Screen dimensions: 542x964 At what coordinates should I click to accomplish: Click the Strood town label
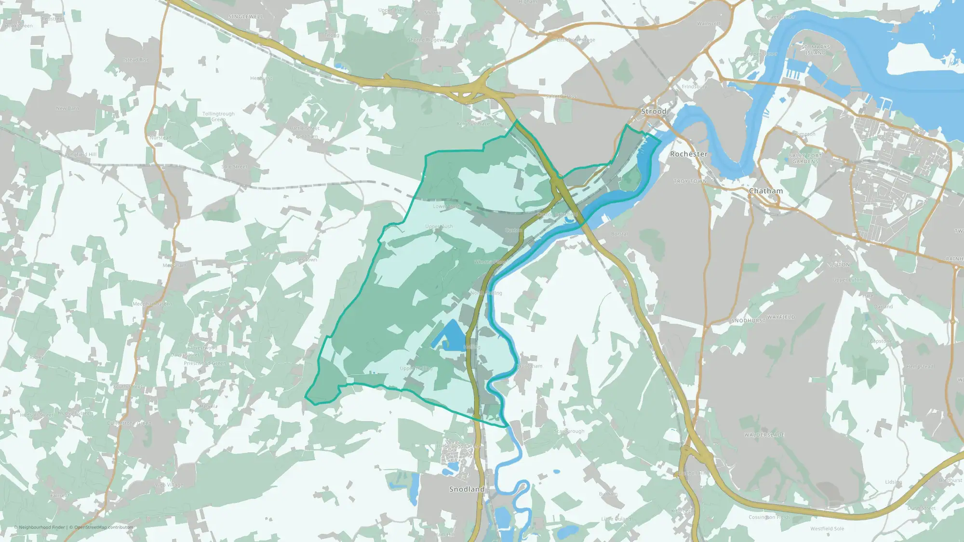click(x=654, y=111)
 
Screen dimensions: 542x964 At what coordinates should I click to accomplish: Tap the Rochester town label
click(x=689, y=154)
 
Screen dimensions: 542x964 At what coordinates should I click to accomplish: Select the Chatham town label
click(x=765, y=191)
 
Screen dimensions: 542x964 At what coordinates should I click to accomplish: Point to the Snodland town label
click(x=467, y=489)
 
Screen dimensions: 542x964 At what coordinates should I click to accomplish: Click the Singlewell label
click(x=246, y=17)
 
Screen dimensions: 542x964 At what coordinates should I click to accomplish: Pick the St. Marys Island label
click(x=816, y=50)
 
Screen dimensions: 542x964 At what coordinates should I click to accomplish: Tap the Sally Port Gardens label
click(x=805, y=159)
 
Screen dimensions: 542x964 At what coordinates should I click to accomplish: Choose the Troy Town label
click(x=690, y=182)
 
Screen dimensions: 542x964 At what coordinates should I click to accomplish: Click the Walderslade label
click(x=764, y=435)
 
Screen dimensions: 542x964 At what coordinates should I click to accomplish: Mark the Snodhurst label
click(x=748, y=320)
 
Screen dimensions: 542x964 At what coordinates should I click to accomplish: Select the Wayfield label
click(x=781, y=317)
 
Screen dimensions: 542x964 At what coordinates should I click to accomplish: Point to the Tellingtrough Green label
click(x=218, y=117)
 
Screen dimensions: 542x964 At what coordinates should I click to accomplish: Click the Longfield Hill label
click(x=81, y=155)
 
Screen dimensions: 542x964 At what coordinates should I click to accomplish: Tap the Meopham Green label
click(x=152, y=304)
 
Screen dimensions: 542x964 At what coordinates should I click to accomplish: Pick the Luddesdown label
click(x=302, y=260)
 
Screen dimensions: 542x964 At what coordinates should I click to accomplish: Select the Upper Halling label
click(x=416, y=369)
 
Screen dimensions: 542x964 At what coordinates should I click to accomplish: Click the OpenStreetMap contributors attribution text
click(x=104, y=527)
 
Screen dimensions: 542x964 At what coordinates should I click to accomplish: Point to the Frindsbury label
click(x=695, y=87)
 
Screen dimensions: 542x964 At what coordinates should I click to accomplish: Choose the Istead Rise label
click(x=136, y=60)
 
